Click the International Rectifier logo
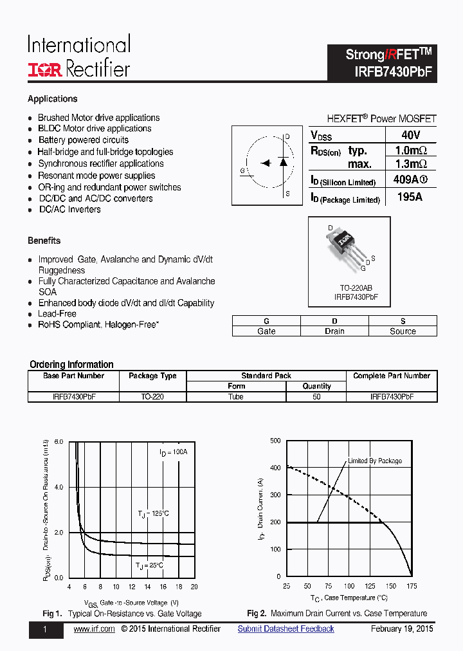coord(78,57)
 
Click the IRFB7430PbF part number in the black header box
coord(392,72)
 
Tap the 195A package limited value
coord(410,197)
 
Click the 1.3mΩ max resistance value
coord(411,164)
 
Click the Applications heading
coord(53,99)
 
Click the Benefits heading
coord(44,241)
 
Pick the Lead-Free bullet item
coord(57,314)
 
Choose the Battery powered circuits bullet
coord(83,140)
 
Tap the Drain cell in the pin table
coord(334,331)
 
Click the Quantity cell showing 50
coord(316,397)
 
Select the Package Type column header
coord(152,376)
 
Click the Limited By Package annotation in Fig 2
coord(375,461)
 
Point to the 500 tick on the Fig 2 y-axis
coord(275,441)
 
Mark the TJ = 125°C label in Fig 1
coord(153,513)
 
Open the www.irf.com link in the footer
coord(94,629)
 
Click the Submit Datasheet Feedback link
coord(286,629)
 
